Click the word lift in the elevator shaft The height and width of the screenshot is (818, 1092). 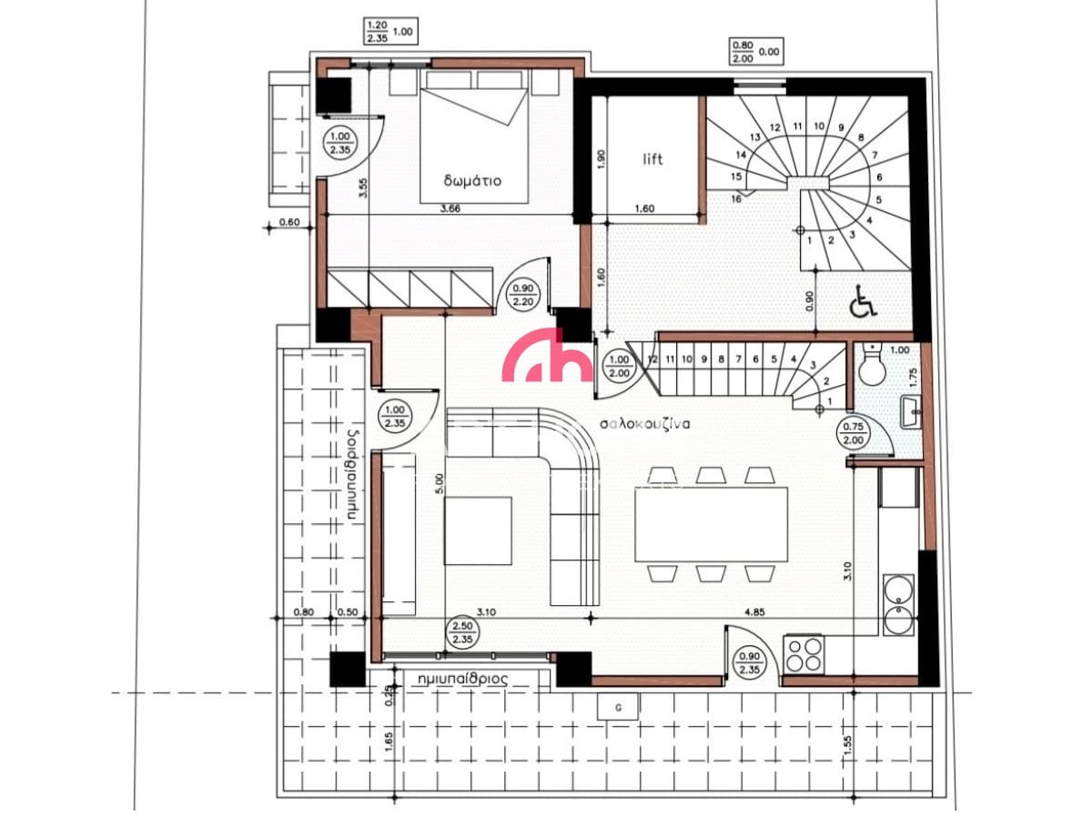coord(652,159)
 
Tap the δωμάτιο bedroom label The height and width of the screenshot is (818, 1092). coord(472,180)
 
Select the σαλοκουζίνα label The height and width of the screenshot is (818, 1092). coord(644,424)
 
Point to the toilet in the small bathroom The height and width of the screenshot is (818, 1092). coord(873,366)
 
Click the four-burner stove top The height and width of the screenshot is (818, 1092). coord(803,654)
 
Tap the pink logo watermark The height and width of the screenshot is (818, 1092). coord(547,355)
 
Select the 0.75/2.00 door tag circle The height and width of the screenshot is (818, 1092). coord(854,433)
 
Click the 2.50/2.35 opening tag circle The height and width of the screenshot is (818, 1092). coord(462,632)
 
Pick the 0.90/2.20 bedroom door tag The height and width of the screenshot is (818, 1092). coord(523,295)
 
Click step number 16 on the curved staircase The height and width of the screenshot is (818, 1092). coord(736,199)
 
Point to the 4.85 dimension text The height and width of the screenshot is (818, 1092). coord(754,612)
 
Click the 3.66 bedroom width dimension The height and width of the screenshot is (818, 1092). coord(450,208)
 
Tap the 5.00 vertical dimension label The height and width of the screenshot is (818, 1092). coord(439,483)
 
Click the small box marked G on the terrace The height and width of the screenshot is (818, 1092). coord(618,707)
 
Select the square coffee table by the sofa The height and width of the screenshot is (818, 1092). coord(478,530)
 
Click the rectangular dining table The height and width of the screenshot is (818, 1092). coord(711,525)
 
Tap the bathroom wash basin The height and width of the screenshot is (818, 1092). coord(911,412)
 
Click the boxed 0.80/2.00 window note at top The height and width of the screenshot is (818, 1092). coord(756,52)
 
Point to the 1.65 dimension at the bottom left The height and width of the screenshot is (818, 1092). coord(389,742)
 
